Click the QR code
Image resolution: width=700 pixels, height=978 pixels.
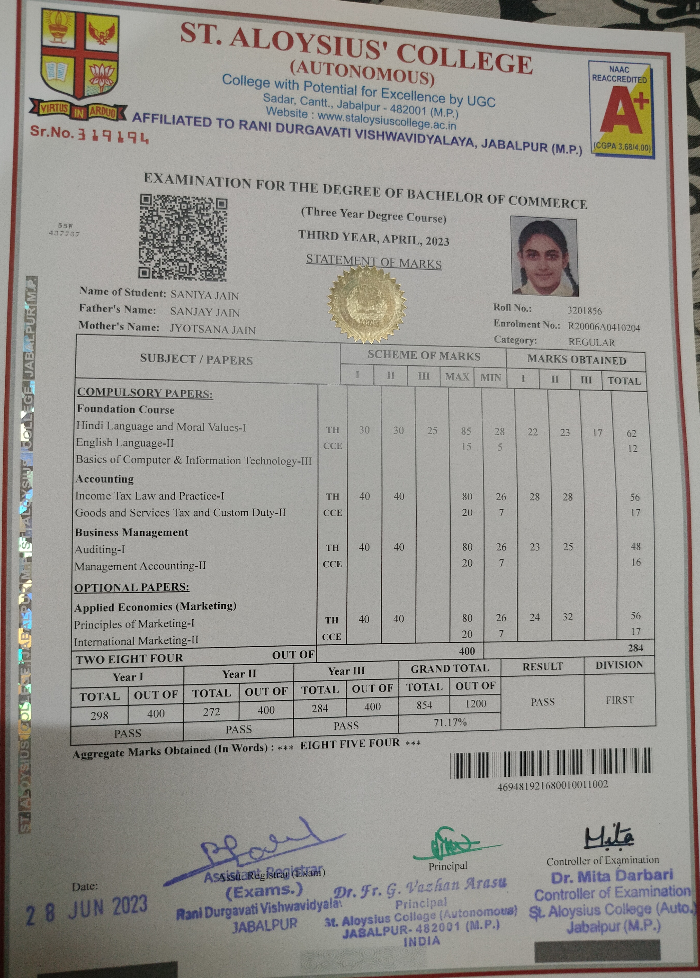tap(183, 237)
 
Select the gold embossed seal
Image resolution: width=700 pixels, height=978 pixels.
tap(366, 304)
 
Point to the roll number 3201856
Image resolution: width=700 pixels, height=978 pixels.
tap(585, 311)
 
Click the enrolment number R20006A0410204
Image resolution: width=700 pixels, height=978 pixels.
tap(604, 327)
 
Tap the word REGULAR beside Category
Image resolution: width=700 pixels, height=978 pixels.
tap(591, 342)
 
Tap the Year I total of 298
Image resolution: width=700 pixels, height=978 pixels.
tap(99, 715)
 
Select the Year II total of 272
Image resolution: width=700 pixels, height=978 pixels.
tap(212, 712)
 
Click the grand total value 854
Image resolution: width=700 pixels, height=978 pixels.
tap(424, 705)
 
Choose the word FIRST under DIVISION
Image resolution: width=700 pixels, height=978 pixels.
tap(620, 700)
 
